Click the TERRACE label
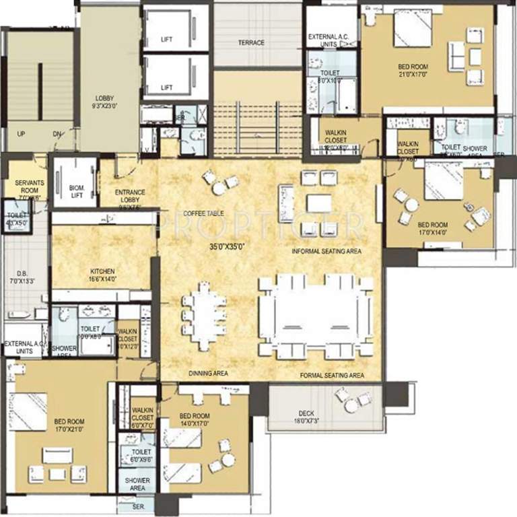[x=250, y=43]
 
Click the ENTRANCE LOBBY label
[x=130, y=197]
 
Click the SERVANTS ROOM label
[x=25, y=189]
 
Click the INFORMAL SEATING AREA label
[x=326, y=252]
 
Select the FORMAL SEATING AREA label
[x=332, y=375]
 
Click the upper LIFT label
[x=167, y=40]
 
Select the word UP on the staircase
[x=22, y=134]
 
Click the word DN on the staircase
[x=58, y=134]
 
